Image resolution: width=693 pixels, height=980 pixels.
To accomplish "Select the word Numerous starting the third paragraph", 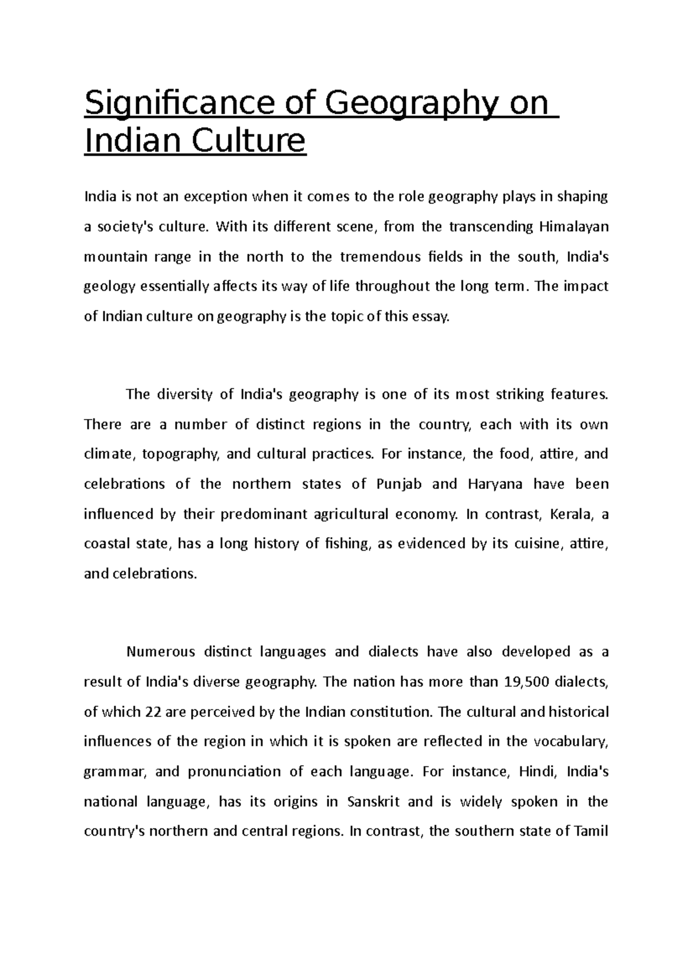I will point(161,652).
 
